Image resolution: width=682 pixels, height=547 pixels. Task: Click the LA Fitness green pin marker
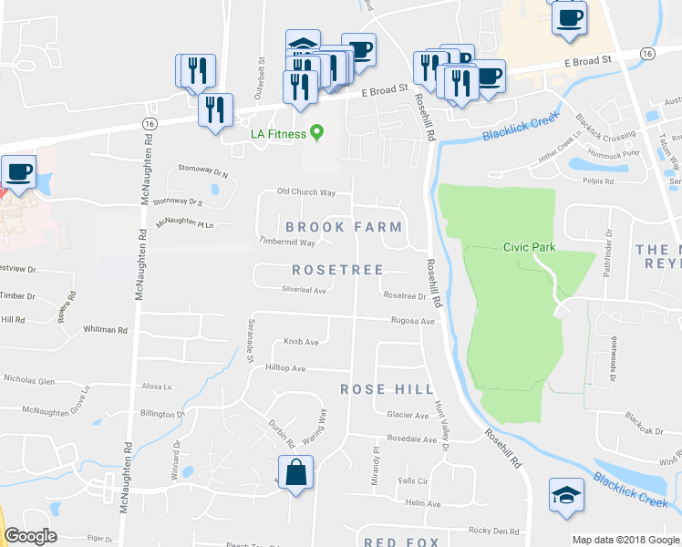coord(317,133)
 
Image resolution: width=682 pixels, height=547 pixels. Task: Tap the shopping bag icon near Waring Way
coord(296,473)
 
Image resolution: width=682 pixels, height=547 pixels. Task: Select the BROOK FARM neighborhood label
coord(343,226)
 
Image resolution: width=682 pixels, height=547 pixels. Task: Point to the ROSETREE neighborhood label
coord(335,270)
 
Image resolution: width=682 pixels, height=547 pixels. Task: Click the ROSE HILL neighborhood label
coord(387,388)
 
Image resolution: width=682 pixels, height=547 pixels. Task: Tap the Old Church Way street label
coord(306,192)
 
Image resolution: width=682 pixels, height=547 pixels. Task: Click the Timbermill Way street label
coord(287,243)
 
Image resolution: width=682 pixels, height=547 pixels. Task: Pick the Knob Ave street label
coord(301,342)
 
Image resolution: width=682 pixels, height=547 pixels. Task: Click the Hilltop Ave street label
coord(285,368)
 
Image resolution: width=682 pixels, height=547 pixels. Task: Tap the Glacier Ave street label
coord(408,415)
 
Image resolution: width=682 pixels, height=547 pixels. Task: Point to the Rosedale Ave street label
coord(411,439)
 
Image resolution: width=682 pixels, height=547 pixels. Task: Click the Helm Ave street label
coord(422,503)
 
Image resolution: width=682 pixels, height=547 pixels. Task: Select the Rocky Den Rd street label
coord(493,531)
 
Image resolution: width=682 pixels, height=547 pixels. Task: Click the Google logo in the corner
coord(30,536)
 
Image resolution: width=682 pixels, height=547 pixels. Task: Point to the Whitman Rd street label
coord(105,329)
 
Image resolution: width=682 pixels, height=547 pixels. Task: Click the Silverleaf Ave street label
coord(305,290)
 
